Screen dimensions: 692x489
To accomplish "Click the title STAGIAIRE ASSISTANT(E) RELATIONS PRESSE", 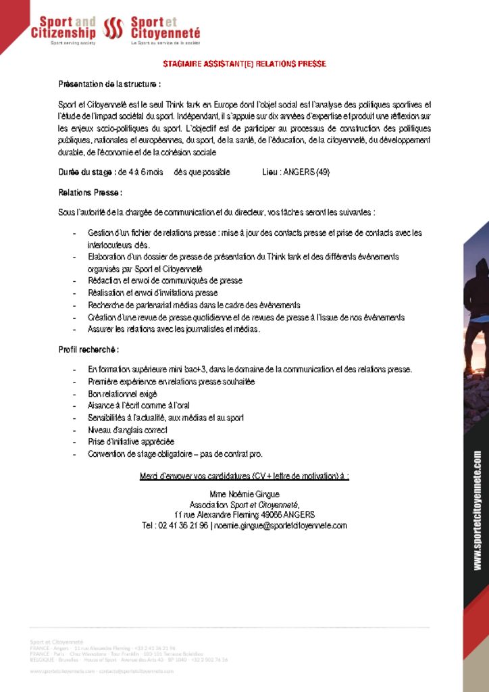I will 244,64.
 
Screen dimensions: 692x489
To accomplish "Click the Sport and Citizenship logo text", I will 63,28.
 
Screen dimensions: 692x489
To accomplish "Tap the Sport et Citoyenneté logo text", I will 165,28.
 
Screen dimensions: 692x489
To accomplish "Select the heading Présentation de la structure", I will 109,84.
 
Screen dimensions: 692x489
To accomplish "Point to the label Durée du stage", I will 86,172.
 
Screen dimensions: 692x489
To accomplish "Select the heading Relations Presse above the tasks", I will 90,193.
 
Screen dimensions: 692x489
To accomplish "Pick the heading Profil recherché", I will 88,349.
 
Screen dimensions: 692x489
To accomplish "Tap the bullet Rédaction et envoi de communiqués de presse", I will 165,280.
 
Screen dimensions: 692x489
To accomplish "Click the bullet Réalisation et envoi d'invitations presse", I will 153,293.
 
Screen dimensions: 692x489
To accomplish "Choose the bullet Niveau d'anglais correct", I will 128,430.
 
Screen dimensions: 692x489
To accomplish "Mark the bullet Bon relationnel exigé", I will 122,393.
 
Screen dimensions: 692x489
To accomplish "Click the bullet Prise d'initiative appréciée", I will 131,442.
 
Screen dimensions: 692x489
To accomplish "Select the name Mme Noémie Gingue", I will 244,494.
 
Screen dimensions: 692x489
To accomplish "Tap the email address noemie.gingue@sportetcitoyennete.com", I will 282,525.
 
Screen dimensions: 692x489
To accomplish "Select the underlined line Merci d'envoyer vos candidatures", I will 244,476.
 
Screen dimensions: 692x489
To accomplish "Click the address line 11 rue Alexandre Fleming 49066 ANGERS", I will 244,514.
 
